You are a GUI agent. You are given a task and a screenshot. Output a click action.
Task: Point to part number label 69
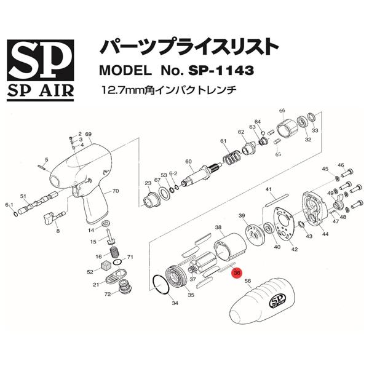coord(89,135)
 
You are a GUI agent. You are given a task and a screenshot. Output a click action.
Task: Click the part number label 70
coord(114,191)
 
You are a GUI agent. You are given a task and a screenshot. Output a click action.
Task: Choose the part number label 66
coord(282,111)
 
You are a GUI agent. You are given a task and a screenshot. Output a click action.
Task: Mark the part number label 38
coord(218,228)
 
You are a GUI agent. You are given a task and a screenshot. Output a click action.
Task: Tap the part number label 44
coord(325,234)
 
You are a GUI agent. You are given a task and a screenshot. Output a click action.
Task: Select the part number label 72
coord(107,295)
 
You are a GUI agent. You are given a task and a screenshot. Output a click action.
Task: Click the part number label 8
coord(58,231)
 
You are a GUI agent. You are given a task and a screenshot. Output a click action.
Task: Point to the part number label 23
coord(148,183)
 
